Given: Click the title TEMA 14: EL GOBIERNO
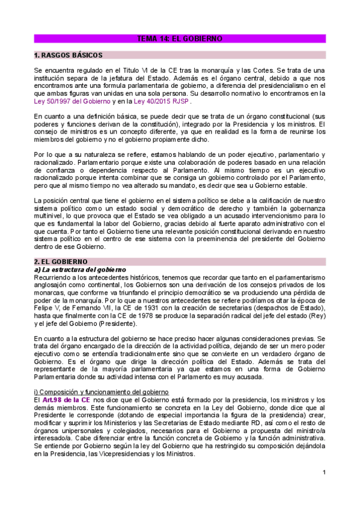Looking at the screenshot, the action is click(180, 38).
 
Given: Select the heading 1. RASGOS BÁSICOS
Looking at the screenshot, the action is click(69, 55).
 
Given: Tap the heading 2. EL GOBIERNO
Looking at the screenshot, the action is click(61, 262).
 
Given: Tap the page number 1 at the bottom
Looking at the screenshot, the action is click(323, 472).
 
